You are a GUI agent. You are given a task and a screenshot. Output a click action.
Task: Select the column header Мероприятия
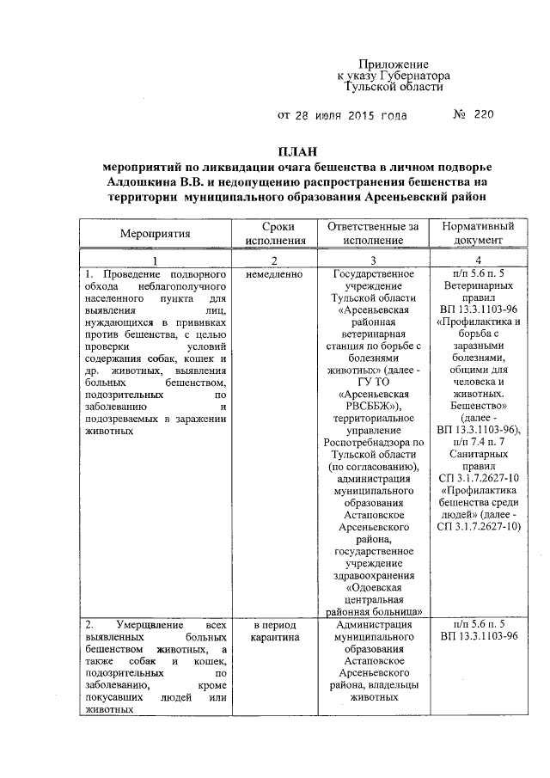click(x=156, y=233)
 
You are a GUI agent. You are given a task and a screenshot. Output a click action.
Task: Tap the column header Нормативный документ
click(x=478, y=233)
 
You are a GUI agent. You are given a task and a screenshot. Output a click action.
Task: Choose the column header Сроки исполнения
click(x=272, y=233)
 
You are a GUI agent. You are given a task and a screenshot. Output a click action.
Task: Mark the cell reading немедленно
click(x=272, y=274)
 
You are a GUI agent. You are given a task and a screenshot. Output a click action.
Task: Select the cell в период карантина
click(x=272, y=632)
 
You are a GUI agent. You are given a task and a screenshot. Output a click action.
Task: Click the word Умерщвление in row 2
click(x=141, y=625)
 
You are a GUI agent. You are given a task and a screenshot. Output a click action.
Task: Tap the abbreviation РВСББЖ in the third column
click(x=366, y=406)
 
